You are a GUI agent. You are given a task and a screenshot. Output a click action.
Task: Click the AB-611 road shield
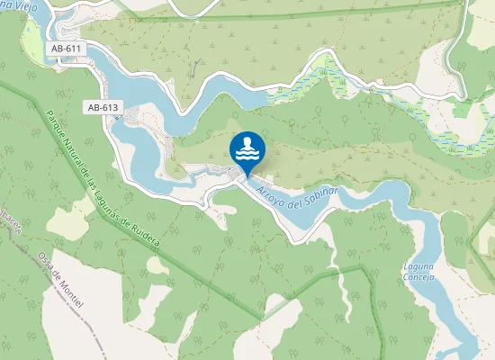(x=66, y=48)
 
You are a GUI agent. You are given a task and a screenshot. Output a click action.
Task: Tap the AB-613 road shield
(x=103, y=107)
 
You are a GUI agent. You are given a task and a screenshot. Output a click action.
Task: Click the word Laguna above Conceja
(x=420, y=267)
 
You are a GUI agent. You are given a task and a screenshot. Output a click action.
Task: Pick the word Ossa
(x=43, y=260)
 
